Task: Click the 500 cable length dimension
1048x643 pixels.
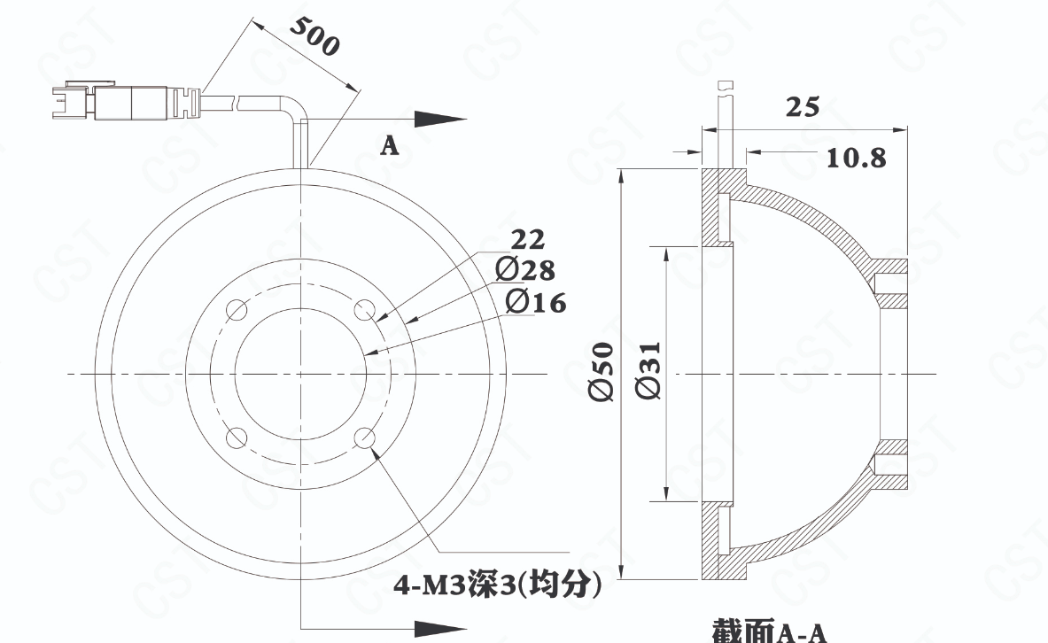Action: coord(315,35)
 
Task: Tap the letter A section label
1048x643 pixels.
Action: coord(390,145)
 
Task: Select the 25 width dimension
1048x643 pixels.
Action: coord(802,107)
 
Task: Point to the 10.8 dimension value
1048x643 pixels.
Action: coord(856,158)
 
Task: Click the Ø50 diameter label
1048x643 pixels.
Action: coord(602,372)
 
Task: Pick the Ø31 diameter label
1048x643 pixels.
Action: coord(649,371)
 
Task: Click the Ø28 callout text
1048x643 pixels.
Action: coord(525,269)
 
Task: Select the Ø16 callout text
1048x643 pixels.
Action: coord(536,301)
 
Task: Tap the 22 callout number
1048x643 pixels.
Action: coord(528,239)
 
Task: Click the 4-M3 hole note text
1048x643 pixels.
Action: coord(497,585)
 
